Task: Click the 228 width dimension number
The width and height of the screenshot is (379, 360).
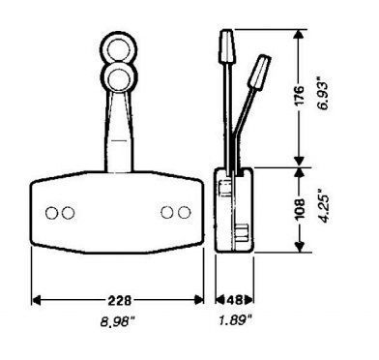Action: (x=119, y=300)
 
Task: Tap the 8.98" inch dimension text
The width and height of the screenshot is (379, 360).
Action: (x=117, y=321)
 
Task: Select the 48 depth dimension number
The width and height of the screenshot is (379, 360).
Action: (x=234, y=300)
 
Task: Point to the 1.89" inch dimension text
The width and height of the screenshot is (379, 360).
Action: (x=235, y=320)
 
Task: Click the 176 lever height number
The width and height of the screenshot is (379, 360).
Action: (x=300, y=95)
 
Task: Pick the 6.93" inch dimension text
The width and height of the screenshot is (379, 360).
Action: (x=324, y=94)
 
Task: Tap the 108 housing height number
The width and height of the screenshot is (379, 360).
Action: (x=300, y=209)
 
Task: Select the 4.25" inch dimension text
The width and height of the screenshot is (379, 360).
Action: (x=325, y=207)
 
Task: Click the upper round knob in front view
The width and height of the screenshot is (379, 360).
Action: (x=119, y=50)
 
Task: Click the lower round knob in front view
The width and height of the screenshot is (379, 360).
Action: (x=120, y=78)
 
